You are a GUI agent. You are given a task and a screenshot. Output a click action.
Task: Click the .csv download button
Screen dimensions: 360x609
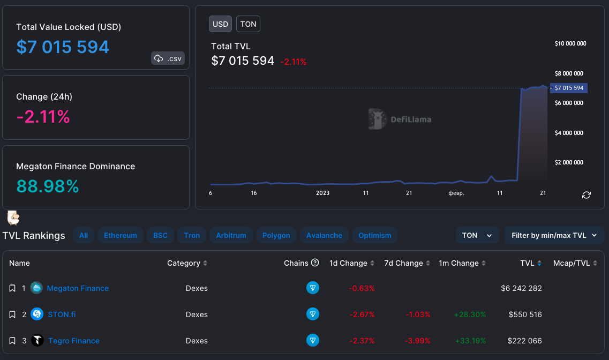click(168, 58)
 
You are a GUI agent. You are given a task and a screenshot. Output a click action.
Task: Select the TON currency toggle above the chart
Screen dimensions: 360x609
click(248, 24)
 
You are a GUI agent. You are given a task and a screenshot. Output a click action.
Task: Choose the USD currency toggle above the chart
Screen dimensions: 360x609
click(220, 24)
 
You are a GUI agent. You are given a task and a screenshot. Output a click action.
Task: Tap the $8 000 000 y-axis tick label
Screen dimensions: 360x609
click(569, 73)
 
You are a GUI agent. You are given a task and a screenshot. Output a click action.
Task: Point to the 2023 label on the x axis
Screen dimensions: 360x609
click(322, 193)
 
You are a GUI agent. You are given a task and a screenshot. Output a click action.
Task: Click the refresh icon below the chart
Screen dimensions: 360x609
click(586, 195)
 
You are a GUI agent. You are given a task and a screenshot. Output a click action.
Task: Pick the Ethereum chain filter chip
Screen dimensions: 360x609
click(121, 235)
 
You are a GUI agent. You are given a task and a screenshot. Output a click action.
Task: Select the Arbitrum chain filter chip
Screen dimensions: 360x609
click(231, 235)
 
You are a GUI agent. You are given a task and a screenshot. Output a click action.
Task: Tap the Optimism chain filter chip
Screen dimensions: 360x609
click(375, 235)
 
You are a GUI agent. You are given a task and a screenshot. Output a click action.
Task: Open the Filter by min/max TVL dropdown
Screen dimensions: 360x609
click(554, 235)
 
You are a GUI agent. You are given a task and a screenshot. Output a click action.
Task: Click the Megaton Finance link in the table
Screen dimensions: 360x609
click(78, 288)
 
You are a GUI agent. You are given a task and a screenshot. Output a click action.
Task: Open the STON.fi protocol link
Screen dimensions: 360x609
click(62, 314)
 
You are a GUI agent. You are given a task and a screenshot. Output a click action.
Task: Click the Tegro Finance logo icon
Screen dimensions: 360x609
click(37, 340)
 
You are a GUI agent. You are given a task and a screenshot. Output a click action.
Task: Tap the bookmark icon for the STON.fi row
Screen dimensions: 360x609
click(12, 314)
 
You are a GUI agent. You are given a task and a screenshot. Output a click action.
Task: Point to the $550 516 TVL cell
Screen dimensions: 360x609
click(525, 314)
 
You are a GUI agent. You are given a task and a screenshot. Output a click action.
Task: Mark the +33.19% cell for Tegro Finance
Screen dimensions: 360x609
click(470, 341)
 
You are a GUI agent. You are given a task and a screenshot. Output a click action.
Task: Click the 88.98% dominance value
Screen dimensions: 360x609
click(48, 186)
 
